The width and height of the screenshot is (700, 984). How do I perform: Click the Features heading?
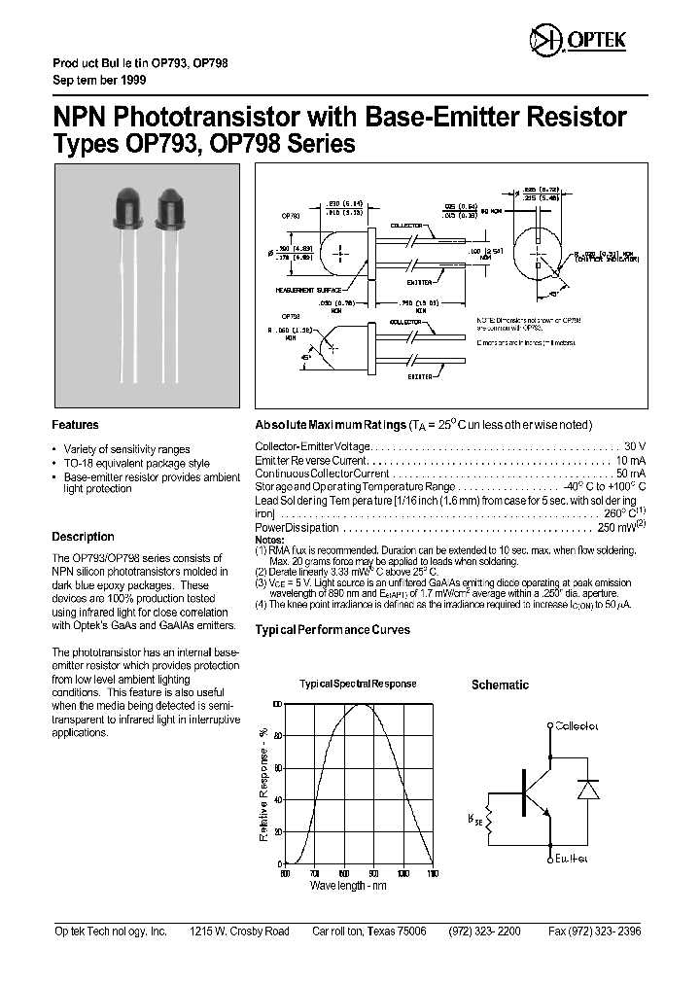point(75,425)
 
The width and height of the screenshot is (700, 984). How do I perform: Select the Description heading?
point(83,537)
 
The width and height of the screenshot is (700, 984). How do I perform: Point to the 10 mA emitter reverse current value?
point(629,459)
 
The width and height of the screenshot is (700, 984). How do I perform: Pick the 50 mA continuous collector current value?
point(629,473)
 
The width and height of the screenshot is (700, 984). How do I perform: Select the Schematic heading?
point(500,685)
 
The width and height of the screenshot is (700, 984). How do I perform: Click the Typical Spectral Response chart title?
point(357,684)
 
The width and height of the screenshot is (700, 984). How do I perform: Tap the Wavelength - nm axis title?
point(348,886)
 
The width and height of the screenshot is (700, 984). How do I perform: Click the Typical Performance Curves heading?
point(332,630)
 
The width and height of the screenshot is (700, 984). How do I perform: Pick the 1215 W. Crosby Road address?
point(239,931)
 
